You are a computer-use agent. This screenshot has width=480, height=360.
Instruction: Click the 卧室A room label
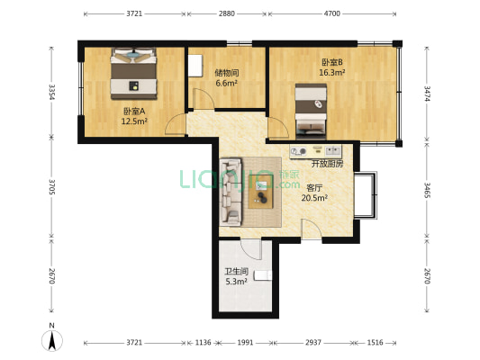click(x=134, y=111)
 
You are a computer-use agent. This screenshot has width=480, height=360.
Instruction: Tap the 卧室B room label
click(x=331, y=62)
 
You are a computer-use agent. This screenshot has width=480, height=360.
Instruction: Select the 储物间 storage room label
click(x=226, y=73)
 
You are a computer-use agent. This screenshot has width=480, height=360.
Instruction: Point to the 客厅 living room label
click(x=314, y=187)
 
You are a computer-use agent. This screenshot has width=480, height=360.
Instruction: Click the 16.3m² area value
click(x=331, y=73)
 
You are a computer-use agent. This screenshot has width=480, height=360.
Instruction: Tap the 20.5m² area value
click(x=314, y=198)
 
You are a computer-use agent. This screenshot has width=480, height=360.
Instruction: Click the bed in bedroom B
click(x=312, y=106)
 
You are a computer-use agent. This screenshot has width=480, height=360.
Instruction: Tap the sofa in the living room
click(x=229, y=192)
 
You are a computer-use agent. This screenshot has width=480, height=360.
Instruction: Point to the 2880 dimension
click(x=226, y=14)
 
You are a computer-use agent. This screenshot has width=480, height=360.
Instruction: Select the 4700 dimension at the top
click(x=331, y=14)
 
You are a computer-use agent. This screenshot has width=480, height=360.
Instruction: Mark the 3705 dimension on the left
click(x=53, y=187)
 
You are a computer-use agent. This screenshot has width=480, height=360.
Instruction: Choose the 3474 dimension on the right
click(x=426, y=94)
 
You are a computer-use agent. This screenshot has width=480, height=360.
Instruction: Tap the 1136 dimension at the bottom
click(x=203, y=343)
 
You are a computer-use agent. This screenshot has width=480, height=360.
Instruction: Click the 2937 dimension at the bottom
click(x=313, y=343)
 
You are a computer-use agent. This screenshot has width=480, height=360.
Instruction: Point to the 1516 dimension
click(x=375, y=343)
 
